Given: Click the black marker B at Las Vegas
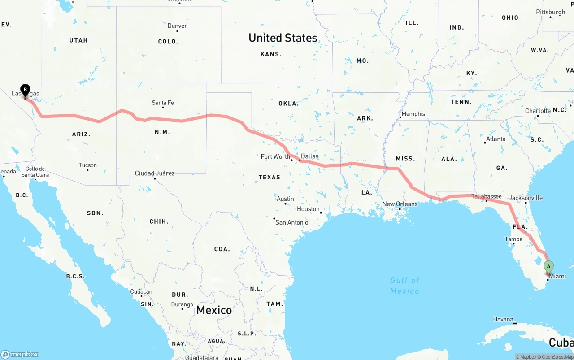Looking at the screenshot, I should click(x=26, y=90).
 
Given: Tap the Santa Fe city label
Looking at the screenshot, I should click(x=163, y=103).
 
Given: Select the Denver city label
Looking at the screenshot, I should click(x=177, y=26).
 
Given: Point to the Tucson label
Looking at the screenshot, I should click(x=87, y=165).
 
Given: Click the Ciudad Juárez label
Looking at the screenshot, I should click(x=155, y=173).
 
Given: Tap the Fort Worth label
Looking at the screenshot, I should click(x=275, y=156).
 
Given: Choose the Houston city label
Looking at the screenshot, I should click(x=308, y=209).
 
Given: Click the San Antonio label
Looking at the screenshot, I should click(x=291, y=222).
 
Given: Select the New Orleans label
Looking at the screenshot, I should click(x=400, y=204).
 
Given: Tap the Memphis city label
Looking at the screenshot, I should click(x=413, y=114).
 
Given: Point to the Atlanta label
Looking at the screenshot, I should click(x=496, y=139).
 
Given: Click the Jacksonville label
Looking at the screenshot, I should click(x=526, y=198).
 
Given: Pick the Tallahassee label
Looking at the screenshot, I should click(x=487, y=196).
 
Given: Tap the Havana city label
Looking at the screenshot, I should click(x=503, y=320).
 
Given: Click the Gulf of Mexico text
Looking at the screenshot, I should click(x=404, y=286).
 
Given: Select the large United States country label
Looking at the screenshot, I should click(x=283, y=38).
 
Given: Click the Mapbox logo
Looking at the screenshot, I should click(x=20, y=354).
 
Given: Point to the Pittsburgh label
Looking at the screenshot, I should click(x=550, y=12).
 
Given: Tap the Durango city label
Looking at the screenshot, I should click(x=182, y=304).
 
